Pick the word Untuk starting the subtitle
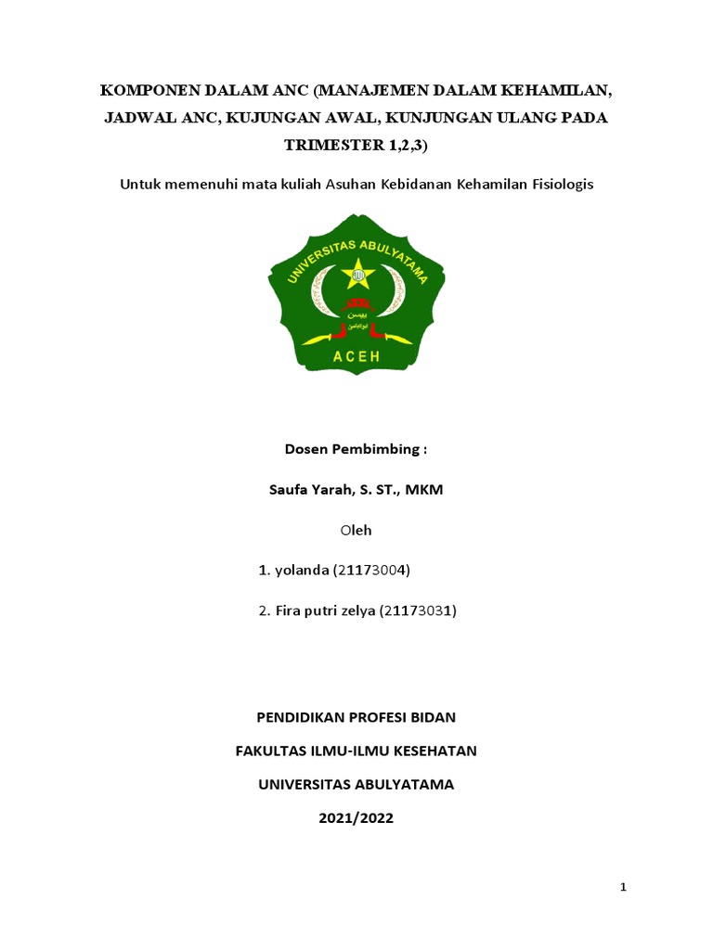pos(139,184)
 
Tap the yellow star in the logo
pos(356,273)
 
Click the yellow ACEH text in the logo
pos(356,358)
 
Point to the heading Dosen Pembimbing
pos(356,450)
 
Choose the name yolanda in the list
pos(302,571)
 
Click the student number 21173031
pos(419,611)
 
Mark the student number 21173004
pos(371,571)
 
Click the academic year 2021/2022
pos(356,818)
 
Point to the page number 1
pos(624,888)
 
